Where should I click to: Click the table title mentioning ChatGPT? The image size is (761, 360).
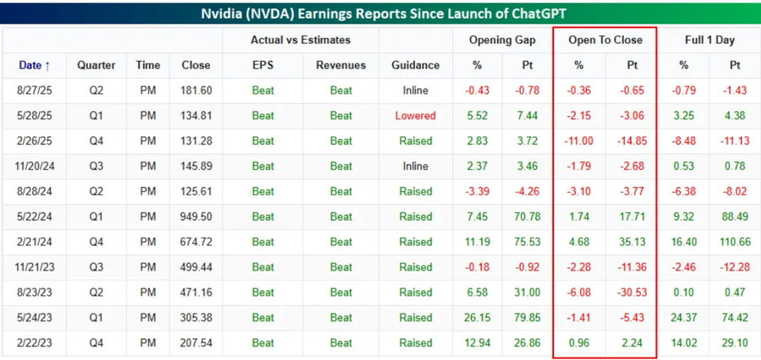coord(380,14)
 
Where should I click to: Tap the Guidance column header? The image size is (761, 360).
coord(415,65)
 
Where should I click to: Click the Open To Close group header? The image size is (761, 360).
coord(605,40)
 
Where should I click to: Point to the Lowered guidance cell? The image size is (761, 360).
coord(415,116)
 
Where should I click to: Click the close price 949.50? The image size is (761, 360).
coord(196,217)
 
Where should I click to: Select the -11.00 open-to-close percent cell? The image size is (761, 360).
coord(578,141)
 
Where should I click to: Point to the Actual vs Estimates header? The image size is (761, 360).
coord(300,40)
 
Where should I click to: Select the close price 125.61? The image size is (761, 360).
coord(196,192)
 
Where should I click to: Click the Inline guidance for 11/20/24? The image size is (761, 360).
coord(415,166)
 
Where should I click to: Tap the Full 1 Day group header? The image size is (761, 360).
coord(709,40)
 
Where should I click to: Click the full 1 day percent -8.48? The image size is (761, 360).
coord(683,141)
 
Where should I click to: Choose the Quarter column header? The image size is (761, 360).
coord(96,65)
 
